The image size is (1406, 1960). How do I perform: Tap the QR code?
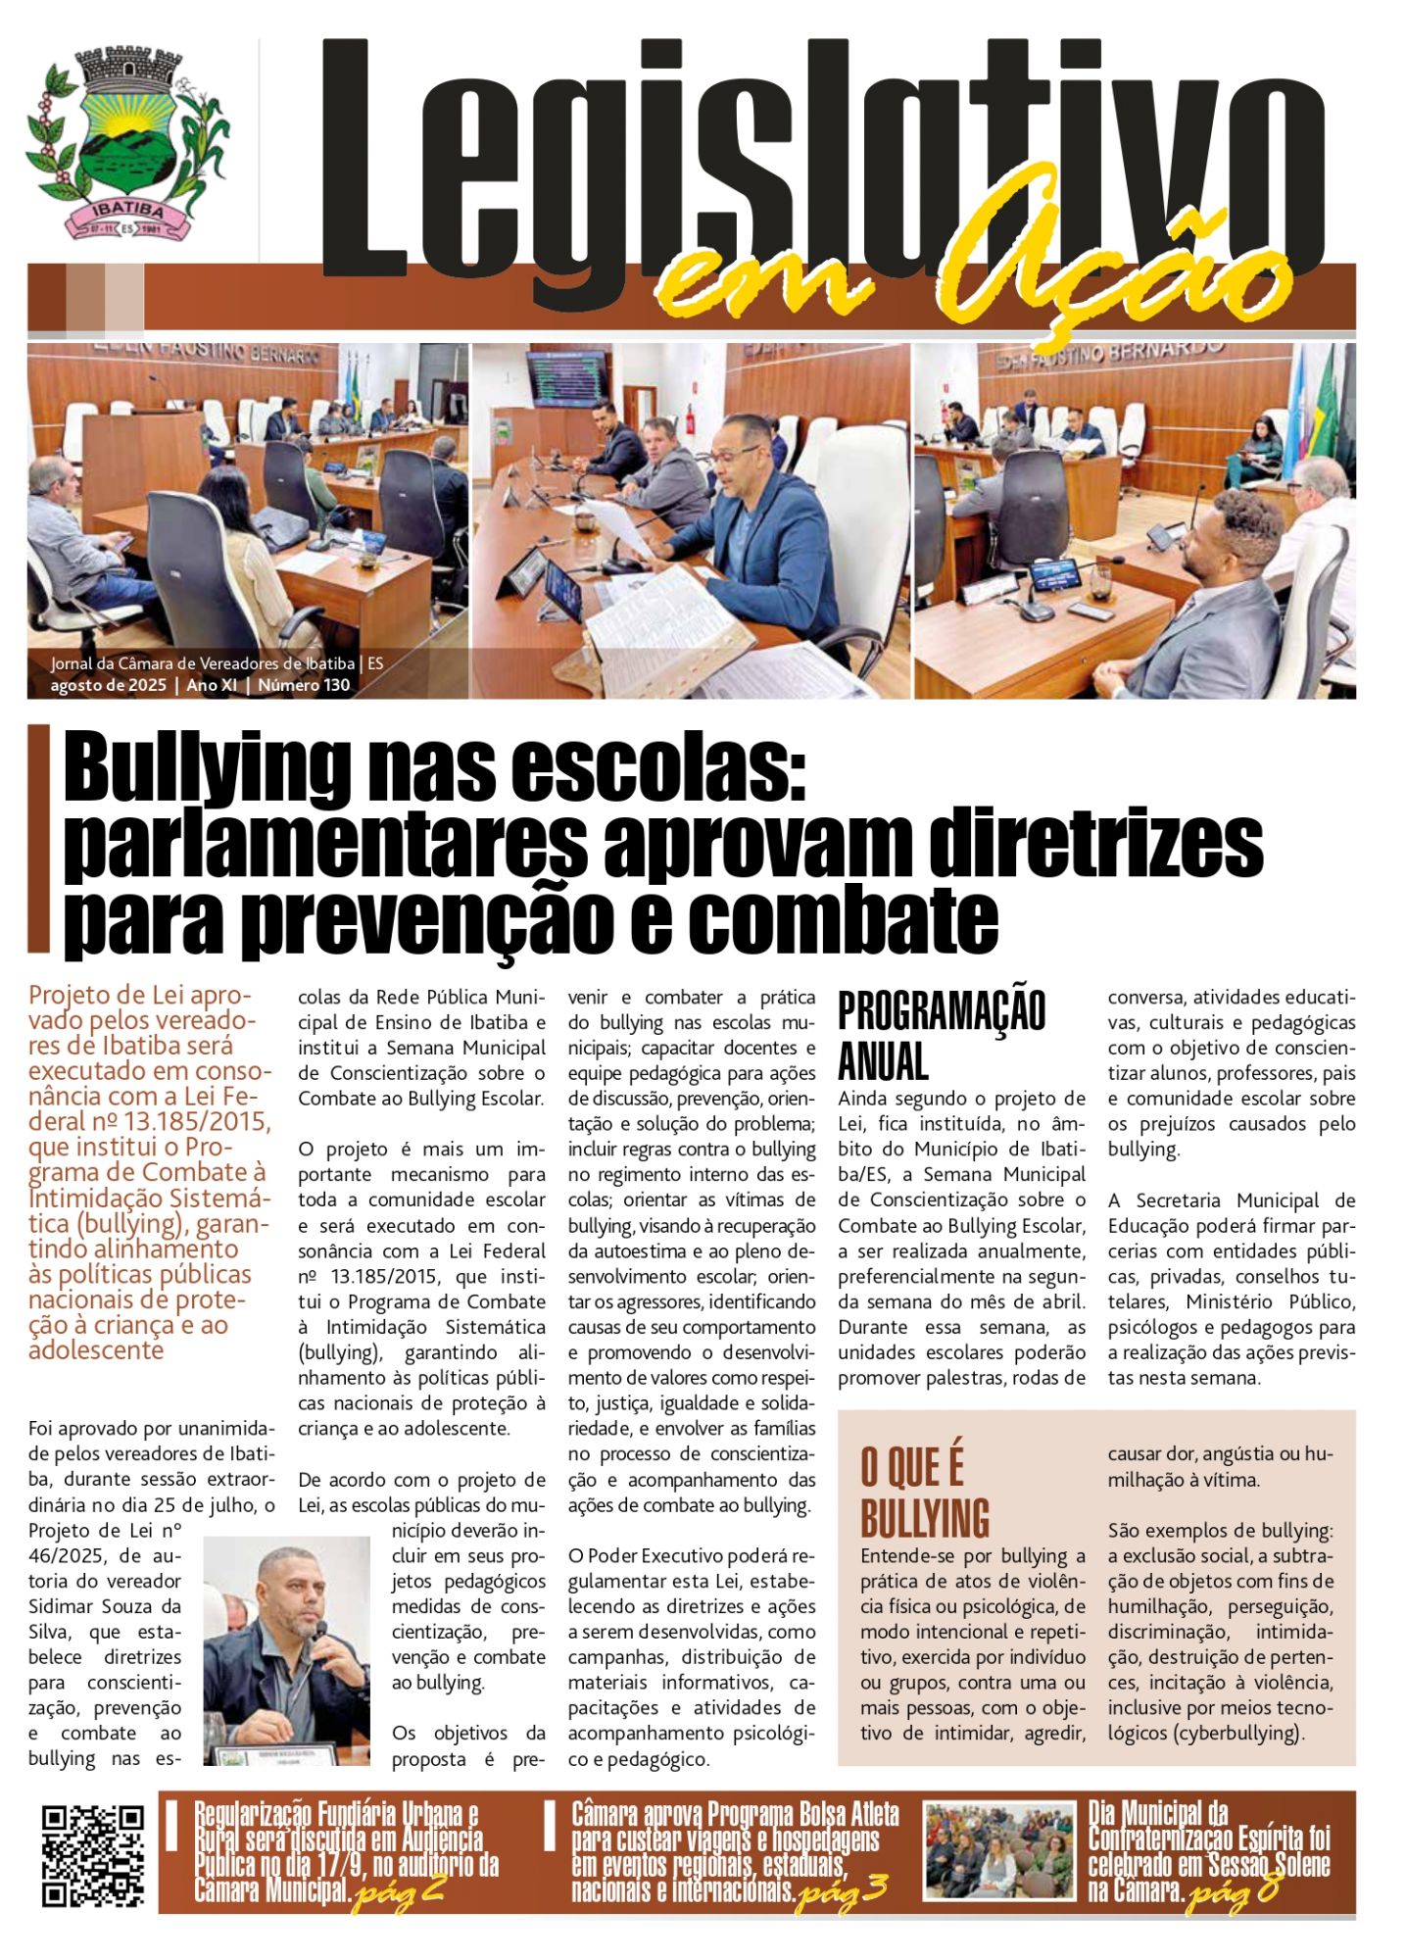click(93, 1855)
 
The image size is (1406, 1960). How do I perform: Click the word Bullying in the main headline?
click(206, 770)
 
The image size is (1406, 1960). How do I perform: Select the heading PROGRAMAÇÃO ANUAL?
click(941, 1035)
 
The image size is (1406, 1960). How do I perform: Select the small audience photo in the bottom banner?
click(999, 1851)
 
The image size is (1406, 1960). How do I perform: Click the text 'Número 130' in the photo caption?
click(304, 686)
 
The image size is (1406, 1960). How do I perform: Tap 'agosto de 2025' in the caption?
click(108, 686)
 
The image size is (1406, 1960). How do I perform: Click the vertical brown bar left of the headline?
click(38, 838)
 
